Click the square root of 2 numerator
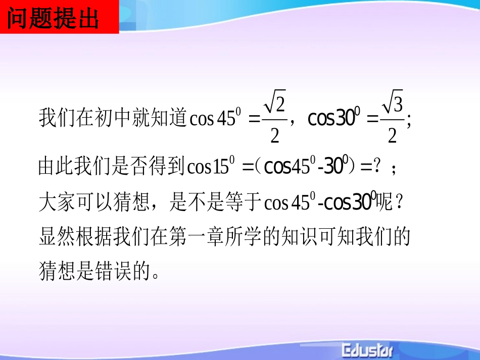pos(275,105)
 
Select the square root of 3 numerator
pos(392,105)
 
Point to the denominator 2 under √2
pos(275,135)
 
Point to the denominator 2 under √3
pos(392,135)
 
